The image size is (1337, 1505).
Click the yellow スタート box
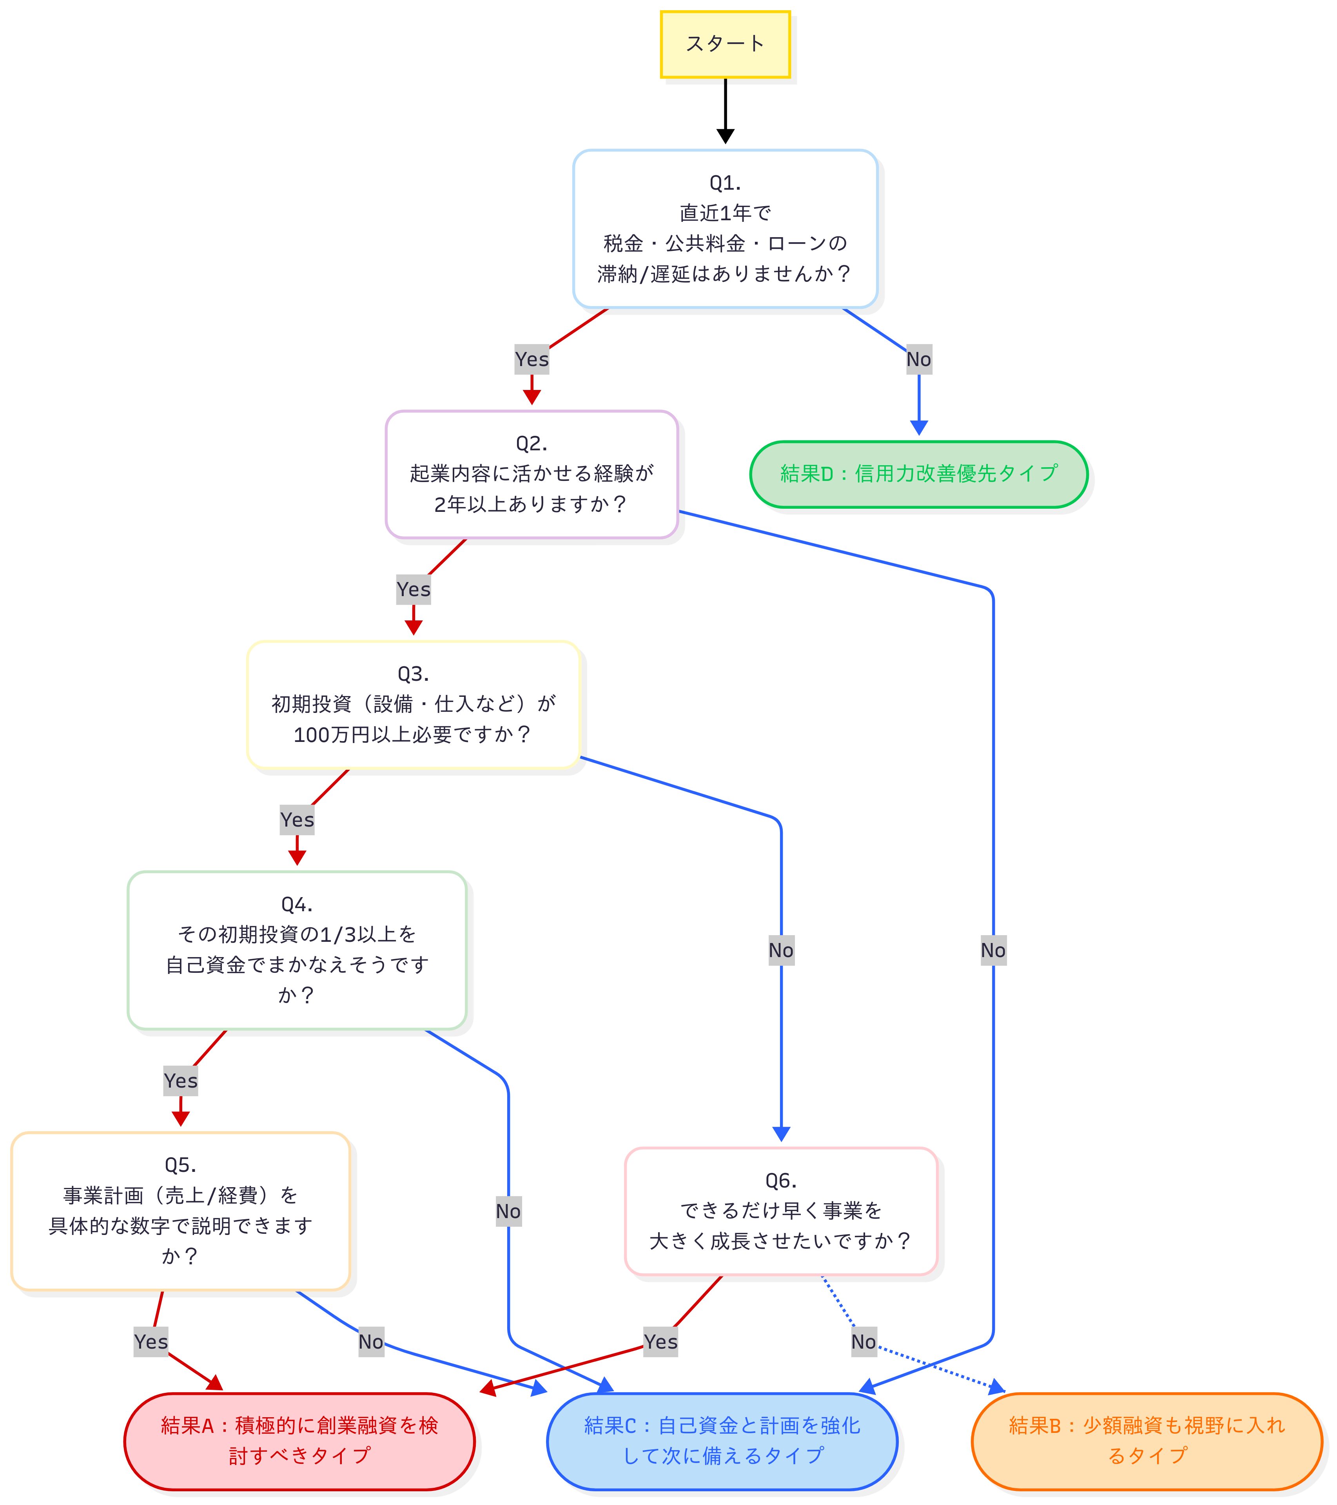[725, 44]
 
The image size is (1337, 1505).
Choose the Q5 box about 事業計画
[180, 1211]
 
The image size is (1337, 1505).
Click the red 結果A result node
[299, 1441]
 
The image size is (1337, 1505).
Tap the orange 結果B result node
[1147, 1441]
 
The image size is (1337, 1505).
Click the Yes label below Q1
[532, 359]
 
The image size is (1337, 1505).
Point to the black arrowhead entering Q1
[725, 136]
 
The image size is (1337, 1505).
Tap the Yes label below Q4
[180, 1081]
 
